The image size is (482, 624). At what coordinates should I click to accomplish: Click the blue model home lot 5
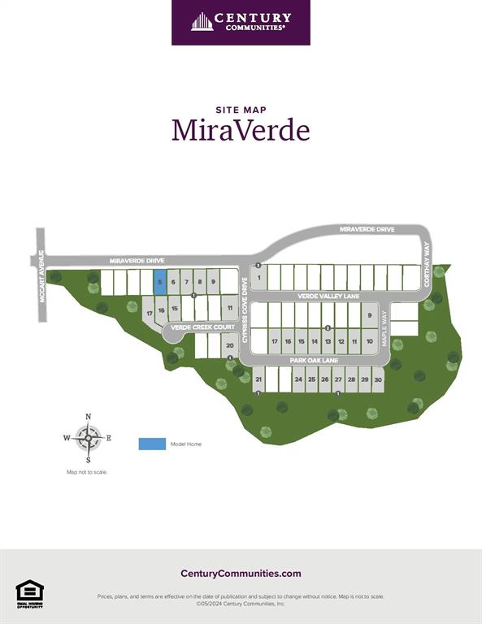160,282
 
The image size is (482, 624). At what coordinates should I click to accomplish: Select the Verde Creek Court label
203,327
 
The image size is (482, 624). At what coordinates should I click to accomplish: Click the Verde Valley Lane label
328,297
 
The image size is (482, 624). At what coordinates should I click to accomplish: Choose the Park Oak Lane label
313,360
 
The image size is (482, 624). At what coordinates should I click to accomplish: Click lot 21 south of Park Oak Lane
258,379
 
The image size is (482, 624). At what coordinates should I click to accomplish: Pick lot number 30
378,379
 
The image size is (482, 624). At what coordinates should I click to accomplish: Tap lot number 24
298,379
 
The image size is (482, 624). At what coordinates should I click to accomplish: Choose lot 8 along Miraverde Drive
200,282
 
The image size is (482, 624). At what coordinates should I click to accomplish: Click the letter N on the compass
88,417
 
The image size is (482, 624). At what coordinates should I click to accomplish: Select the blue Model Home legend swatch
151,444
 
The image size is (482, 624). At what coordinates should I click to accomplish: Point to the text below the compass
87,472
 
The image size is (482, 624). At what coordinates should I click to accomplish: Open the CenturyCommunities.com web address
241,574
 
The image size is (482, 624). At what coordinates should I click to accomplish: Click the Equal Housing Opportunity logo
29,594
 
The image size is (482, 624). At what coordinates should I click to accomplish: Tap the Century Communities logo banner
241,22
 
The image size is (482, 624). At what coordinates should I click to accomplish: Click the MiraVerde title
241,130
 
